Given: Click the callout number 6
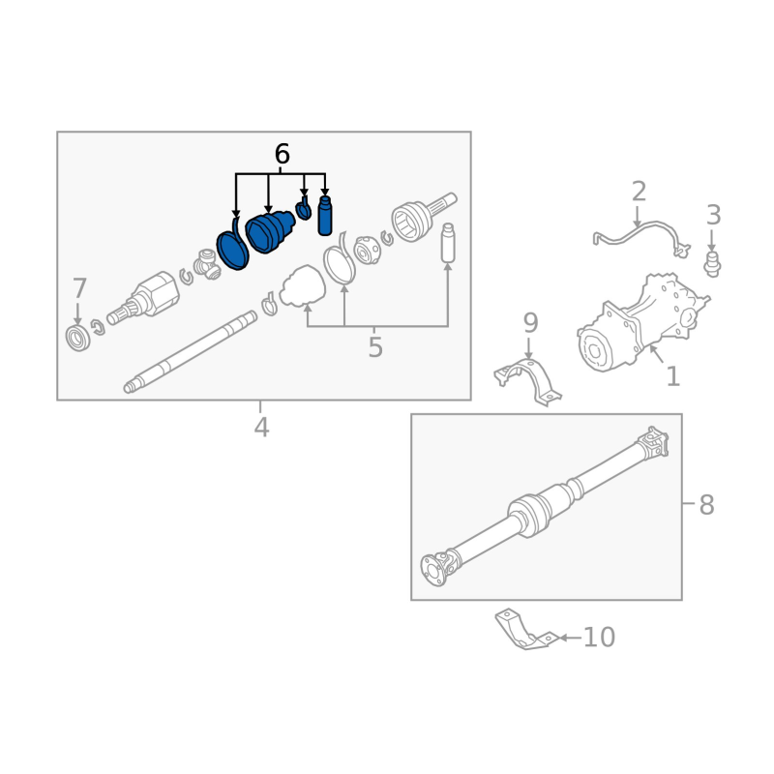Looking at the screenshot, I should pyautogui.click(x=282, y=154).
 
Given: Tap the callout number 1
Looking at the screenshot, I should pyautogui.click(x=672, y=376).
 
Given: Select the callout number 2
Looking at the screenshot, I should pyautogui.click(x=639, y=191).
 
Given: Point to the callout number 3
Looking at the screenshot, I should pyautogui.click(x=713, y=215).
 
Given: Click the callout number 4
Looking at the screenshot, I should pyautogui.click(x=261, y=427).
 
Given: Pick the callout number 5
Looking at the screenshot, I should pyautogui.click(x=375, y=347).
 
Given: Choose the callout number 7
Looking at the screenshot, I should pyautogui.click(x=79, y=288).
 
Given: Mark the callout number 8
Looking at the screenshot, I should pyautogui.click(x=706, y=504).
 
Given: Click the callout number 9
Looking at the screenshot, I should pyautogui.click(x=530, y=322).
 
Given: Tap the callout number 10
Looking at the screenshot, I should pyautogui.click(x=600, y=637).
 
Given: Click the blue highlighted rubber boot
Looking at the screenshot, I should pyautogui.click(x=270, y=232).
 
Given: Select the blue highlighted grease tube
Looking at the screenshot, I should pyautogui.click(x=325, y=215).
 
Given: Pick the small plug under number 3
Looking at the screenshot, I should pyautogui.click(x=713, y=262).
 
